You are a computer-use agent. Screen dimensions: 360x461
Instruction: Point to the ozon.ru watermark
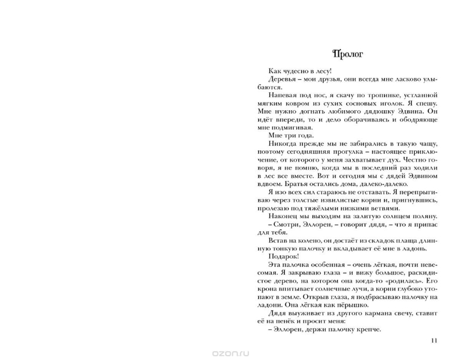click(230, 353)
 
